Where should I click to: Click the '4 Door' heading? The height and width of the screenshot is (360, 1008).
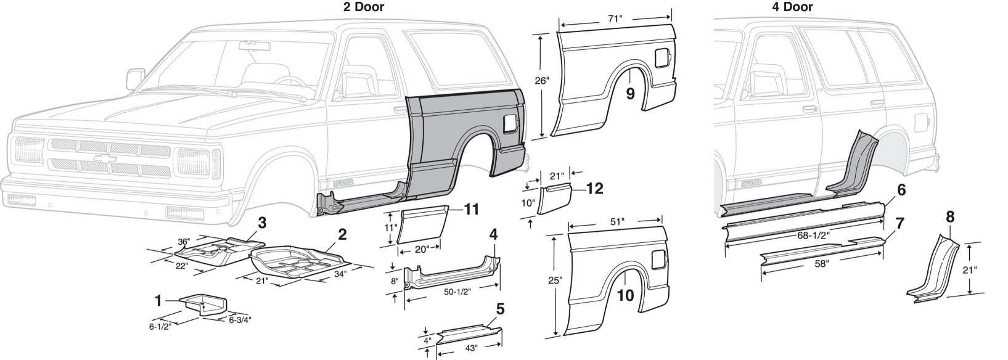point(792,7)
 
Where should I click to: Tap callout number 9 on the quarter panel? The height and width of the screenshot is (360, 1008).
point(629,93)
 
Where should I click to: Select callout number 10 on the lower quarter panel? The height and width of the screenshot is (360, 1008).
point(625,295)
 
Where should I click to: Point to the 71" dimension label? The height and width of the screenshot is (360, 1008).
point(615,19)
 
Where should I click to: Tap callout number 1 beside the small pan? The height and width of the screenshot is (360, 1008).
point(159,301)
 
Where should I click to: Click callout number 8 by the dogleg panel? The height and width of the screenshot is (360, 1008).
point(949,216)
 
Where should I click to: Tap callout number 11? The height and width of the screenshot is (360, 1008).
point(471,210)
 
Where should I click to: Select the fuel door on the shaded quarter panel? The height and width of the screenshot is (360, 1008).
point(510,123)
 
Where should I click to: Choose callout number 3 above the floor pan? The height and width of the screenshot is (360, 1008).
point(262,223)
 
